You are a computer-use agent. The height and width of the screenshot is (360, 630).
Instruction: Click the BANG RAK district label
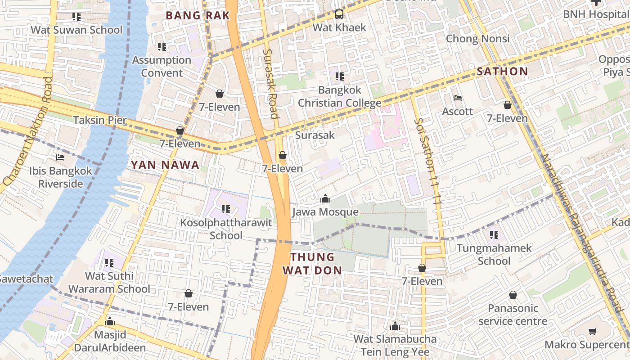coord(198,15)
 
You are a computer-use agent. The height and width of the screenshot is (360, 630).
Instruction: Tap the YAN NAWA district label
coord(165,165)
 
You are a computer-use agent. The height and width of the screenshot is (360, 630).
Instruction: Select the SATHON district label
coord(502,71)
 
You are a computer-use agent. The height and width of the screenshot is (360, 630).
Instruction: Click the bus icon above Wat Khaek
coord(339,14)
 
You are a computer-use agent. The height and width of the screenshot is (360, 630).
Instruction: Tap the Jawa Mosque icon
coord(325,198)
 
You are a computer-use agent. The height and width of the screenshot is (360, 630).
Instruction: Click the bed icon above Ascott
coord(458,98)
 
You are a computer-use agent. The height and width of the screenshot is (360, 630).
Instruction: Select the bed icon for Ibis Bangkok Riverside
coord(60,157)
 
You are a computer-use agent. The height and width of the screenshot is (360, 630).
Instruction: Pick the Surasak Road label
coord(270,83)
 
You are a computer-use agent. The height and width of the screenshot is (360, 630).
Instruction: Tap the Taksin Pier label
coord(100,120)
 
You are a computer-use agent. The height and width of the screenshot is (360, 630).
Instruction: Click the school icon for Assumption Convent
coord(162,47)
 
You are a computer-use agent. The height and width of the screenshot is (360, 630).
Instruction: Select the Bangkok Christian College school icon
coord(340,76)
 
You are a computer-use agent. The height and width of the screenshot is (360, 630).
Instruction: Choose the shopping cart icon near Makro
coord(593,332)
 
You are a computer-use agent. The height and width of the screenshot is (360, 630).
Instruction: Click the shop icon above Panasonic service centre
coord(513,295)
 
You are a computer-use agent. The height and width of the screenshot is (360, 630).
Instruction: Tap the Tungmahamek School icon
coord(494,235)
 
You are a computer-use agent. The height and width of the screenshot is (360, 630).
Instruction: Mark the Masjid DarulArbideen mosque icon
coord(109,322)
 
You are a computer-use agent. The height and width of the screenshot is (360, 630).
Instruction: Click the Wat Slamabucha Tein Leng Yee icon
coord(395,326)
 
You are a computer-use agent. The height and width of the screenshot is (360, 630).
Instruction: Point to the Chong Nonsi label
coord(477,39)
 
